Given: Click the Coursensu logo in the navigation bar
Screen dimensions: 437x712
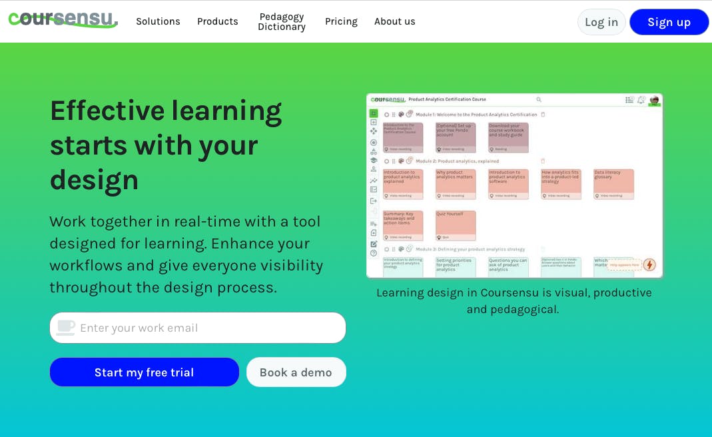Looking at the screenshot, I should [x=63, y=20].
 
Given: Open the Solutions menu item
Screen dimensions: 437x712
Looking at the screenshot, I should [x=158, y=21].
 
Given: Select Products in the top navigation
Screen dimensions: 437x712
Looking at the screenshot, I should [x=217, y=21].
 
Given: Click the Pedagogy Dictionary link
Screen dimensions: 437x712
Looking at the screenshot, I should [x=281, y=21].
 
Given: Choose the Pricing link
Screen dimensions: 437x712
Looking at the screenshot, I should [x=341, y=21].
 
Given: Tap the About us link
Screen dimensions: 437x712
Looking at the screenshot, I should [x=394, y=21].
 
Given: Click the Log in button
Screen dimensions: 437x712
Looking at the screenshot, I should [x=601, y=22].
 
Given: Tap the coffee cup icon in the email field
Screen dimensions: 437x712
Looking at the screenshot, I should [x=65, y=327].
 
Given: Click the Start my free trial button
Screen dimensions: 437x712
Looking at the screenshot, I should [x=144, y=372].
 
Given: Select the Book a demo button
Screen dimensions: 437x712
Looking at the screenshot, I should [x=296, y=372].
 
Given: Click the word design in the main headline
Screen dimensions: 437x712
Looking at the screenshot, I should [x=94, y=179].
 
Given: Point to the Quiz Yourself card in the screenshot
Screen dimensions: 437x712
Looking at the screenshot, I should [x=456, y=224].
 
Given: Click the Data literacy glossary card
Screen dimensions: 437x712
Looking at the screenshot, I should [x=613, y=183].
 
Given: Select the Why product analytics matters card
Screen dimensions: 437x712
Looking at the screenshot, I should [x=456, y=183].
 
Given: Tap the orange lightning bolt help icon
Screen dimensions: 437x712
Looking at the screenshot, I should [x=649, y=264].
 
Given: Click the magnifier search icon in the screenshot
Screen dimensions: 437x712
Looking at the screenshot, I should [x=539, y=99].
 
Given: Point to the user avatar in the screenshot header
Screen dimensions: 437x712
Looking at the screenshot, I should [x=654, y=100].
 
